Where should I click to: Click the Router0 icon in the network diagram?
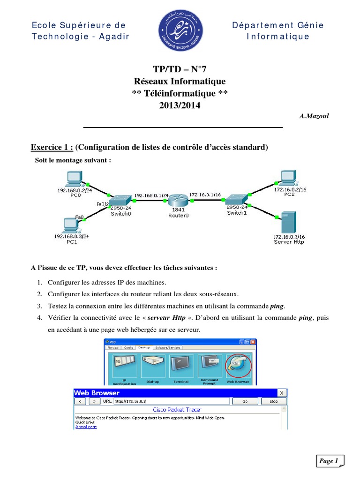click(x=178, y=200)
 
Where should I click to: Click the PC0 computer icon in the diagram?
click(x=74, y=179)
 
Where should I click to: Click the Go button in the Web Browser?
click(x=245, y=401)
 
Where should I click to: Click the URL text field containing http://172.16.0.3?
click(x=171, y=401)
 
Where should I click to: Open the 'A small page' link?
click(x=86, y=427)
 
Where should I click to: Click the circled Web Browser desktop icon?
click(x=239, y=365)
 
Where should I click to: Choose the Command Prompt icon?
click(x=210, y=364)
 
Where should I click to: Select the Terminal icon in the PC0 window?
click(x=181, y=364)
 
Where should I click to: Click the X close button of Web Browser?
click(x=282, y=393)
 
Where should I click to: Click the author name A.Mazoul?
click(x=314, y=116)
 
